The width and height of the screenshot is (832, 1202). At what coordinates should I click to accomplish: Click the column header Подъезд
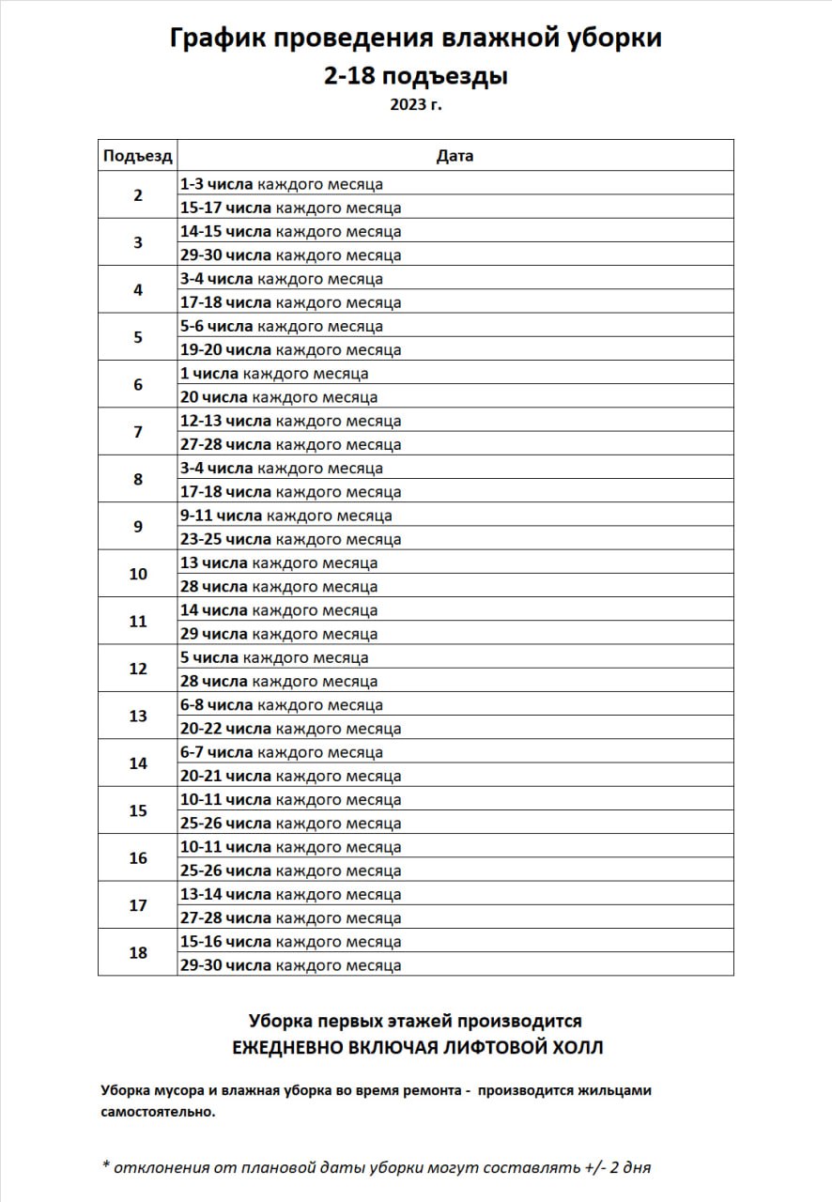coord(137,156)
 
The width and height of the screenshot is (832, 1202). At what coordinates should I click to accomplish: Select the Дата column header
coord(455,156)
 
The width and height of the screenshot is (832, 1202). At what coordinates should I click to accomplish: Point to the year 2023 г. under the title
coord(416,104)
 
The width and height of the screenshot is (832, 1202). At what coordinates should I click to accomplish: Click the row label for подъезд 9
coord(137,527)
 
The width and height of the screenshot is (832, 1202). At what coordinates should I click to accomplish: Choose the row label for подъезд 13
coord(137,717)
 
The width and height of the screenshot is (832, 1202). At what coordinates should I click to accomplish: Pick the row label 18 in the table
coord(137,953)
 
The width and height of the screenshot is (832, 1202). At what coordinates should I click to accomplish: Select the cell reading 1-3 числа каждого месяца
coord(282,184)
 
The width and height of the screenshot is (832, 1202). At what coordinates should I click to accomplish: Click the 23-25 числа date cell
coord(291,539)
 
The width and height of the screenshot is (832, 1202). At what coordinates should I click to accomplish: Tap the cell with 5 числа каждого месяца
coord(274,657)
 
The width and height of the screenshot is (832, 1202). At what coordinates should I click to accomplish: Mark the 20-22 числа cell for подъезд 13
coord(291,729)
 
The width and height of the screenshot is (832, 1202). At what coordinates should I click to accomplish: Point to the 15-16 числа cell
coord(291,941)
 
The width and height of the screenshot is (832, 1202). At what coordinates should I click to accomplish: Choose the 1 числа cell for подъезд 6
coord(274,374)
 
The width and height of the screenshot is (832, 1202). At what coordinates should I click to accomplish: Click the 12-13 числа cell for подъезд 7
coord(291,421)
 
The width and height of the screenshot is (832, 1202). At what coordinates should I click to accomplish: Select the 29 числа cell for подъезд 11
coord(279,634)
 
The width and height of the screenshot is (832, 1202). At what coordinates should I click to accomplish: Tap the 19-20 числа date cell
coord(291,350)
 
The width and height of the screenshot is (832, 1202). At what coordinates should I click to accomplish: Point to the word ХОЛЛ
coord(573,1047)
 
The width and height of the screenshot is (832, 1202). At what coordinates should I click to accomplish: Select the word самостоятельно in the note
coord(158,1112)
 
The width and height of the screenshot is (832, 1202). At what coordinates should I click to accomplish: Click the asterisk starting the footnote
coord(106,1166)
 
